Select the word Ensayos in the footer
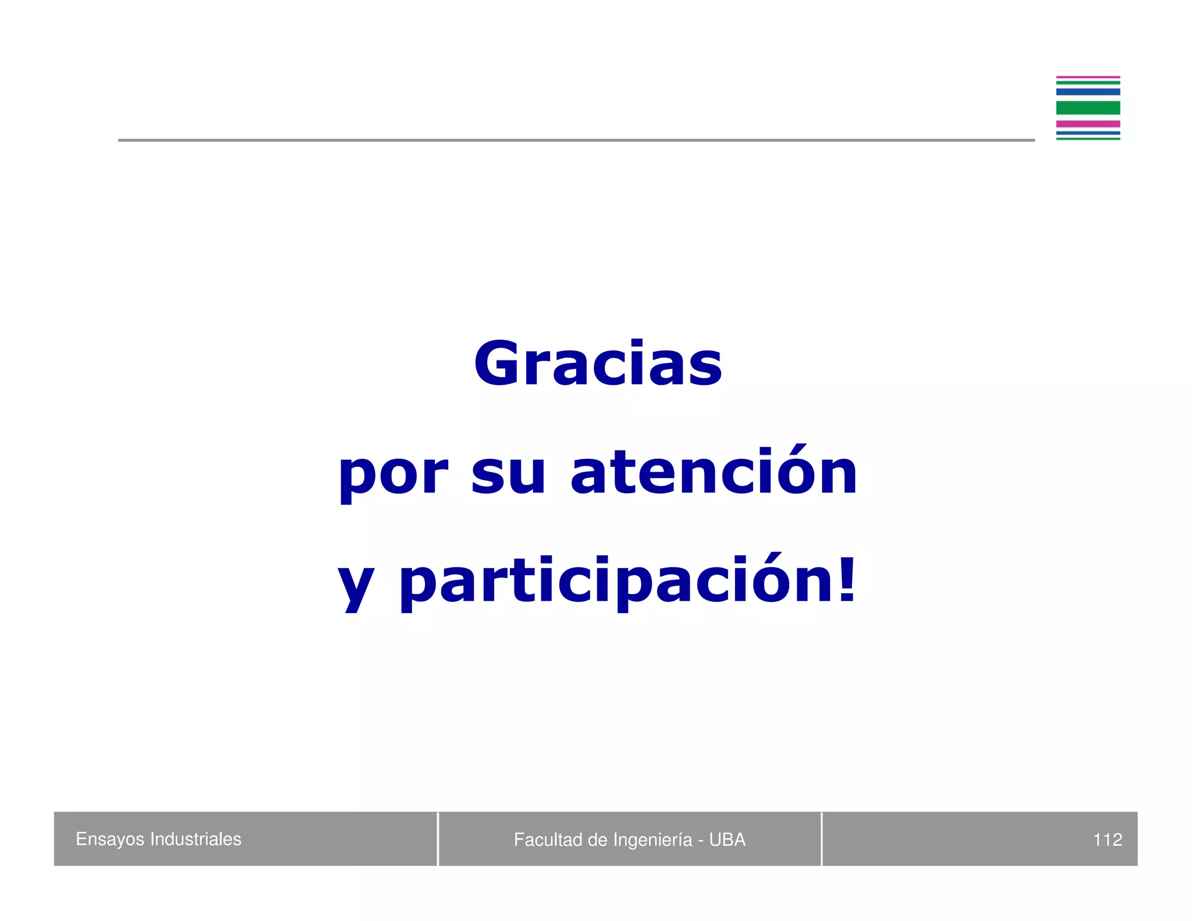[110, 839]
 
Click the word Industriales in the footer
[196, 839]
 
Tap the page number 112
[1107, 839]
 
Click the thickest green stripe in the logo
[1088, 108]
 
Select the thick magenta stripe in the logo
[1088, 124]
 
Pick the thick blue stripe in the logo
[1088, 91]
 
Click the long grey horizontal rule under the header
[576, 140]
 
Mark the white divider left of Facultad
[438, 839]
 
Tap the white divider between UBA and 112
[821, 839]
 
